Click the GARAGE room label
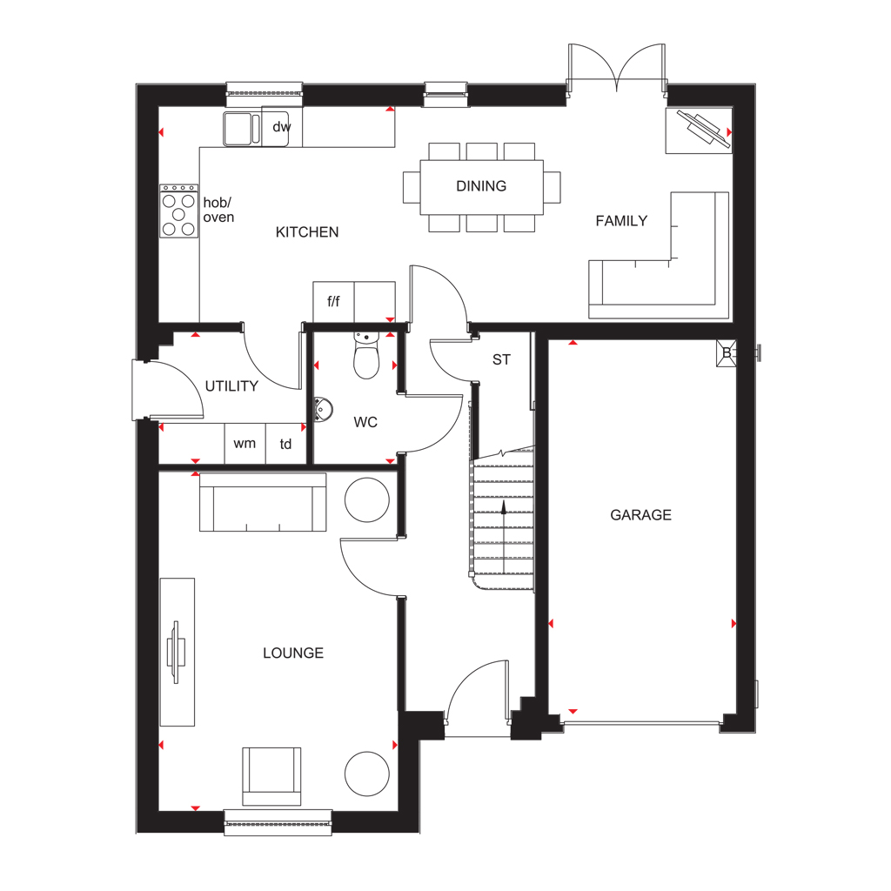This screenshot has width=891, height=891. pyautogui.click(x=640, y=515)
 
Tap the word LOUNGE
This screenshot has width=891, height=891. pyautogui.click(x=293, y=653)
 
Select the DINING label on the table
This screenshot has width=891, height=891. pyautogui.click(x=481, y=186)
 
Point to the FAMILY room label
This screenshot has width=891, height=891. pyautogui.click(x=621, y=220)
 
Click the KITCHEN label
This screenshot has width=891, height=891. pyautogui.click(x=307, y=231)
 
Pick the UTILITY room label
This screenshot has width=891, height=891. pyautogui.click(x=231, y=385)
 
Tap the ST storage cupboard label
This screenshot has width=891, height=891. pyautogui.click(x=501, y=359)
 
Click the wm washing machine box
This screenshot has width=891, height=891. pyautogui.click(x=245, y=443)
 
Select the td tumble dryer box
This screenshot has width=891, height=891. pyautogui.click(x=286, y=443)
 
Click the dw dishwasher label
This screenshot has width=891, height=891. pyautogui.click(x=281, y=127)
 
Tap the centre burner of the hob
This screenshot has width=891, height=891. pyautogui.click(x=179, y=214)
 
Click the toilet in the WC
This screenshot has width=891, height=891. pyautogui.click(x=366, y=356)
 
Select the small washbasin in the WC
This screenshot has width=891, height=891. pyautogui.click(x=323, y=409)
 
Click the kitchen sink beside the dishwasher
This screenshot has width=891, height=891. pyautogui.click(x=242, y=129)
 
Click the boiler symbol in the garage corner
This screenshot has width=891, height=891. pyautogui.click(x=727, y=353)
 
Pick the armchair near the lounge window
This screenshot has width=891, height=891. pyautogui.click(x=271, y=776)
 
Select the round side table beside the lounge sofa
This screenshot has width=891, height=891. pyautogui.click(x=367, y=500)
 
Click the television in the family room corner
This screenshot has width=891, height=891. pyautogui.click(x=703, y=131)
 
